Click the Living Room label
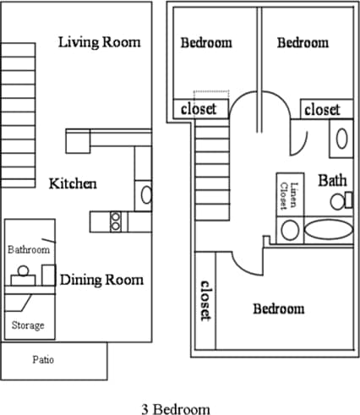pos(100,42)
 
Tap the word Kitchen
pos(73,183)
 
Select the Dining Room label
pos(101,280)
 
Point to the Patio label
pos(43,360)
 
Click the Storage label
pos(28,325)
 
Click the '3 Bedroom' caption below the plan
pos(175,408)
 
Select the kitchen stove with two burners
pos(116,221)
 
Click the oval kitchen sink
pos(146,195)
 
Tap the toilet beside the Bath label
pos(341,200)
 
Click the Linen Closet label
pos(288,195)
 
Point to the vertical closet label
pos(205,299)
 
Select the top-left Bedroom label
pos(206,42)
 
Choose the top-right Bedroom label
pos(303,42)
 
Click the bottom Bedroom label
pos(278,309)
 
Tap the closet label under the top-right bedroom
pos(322,110)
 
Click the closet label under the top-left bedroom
pos(199,109)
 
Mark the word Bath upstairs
pos(331,180)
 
